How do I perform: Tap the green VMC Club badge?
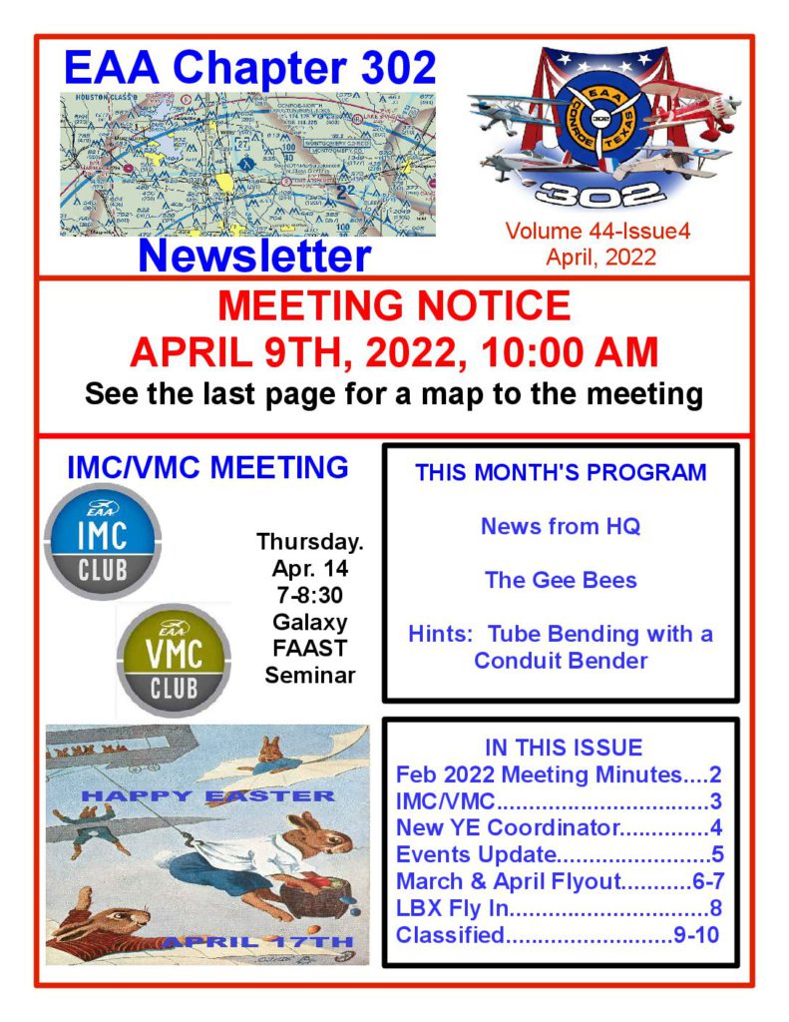coord(174,660)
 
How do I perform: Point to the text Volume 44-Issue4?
coord(597,232)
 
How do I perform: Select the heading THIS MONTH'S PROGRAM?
coord(561,473)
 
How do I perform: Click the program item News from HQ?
coord(561,526)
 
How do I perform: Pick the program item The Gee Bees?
coord(561,580)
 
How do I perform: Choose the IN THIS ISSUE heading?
coord(563,748)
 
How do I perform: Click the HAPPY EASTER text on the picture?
coord(207,795)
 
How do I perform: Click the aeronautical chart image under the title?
coord(247,164)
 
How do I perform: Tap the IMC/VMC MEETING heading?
coord(207,467)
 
